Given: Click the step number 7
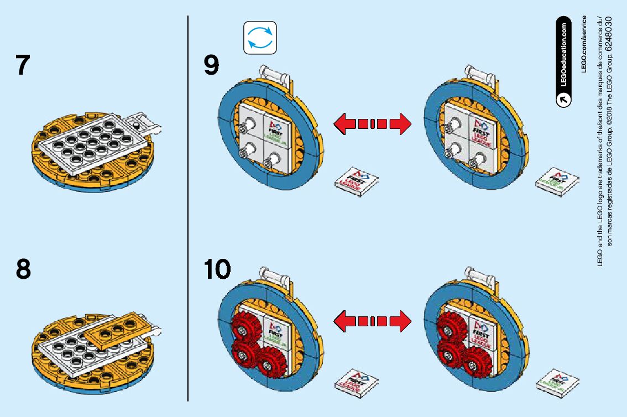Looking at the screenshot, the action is [x=22, y=65].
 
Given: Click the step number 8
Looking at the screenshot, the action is [x=23, y=269].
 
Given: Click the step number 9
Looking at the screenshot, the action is [x=211, y=66].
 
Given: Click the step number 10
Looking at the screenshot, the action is [x=217, y=269].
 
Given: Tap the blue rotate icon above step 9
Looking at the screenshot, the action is [x=260, y=38].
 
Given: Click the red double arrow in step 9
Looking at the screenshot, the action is [x=372, y=123].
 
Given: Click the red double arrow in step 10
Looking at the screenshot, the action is [x=372, y=321].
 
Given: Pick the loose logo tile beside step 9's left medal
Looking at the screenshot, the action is [x=357, y=181].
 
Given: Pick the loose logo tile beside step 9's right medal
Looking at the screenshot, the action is [x=557, y=182].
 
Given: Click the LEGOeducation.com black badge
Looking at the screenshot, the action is [x=563, y=61].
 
